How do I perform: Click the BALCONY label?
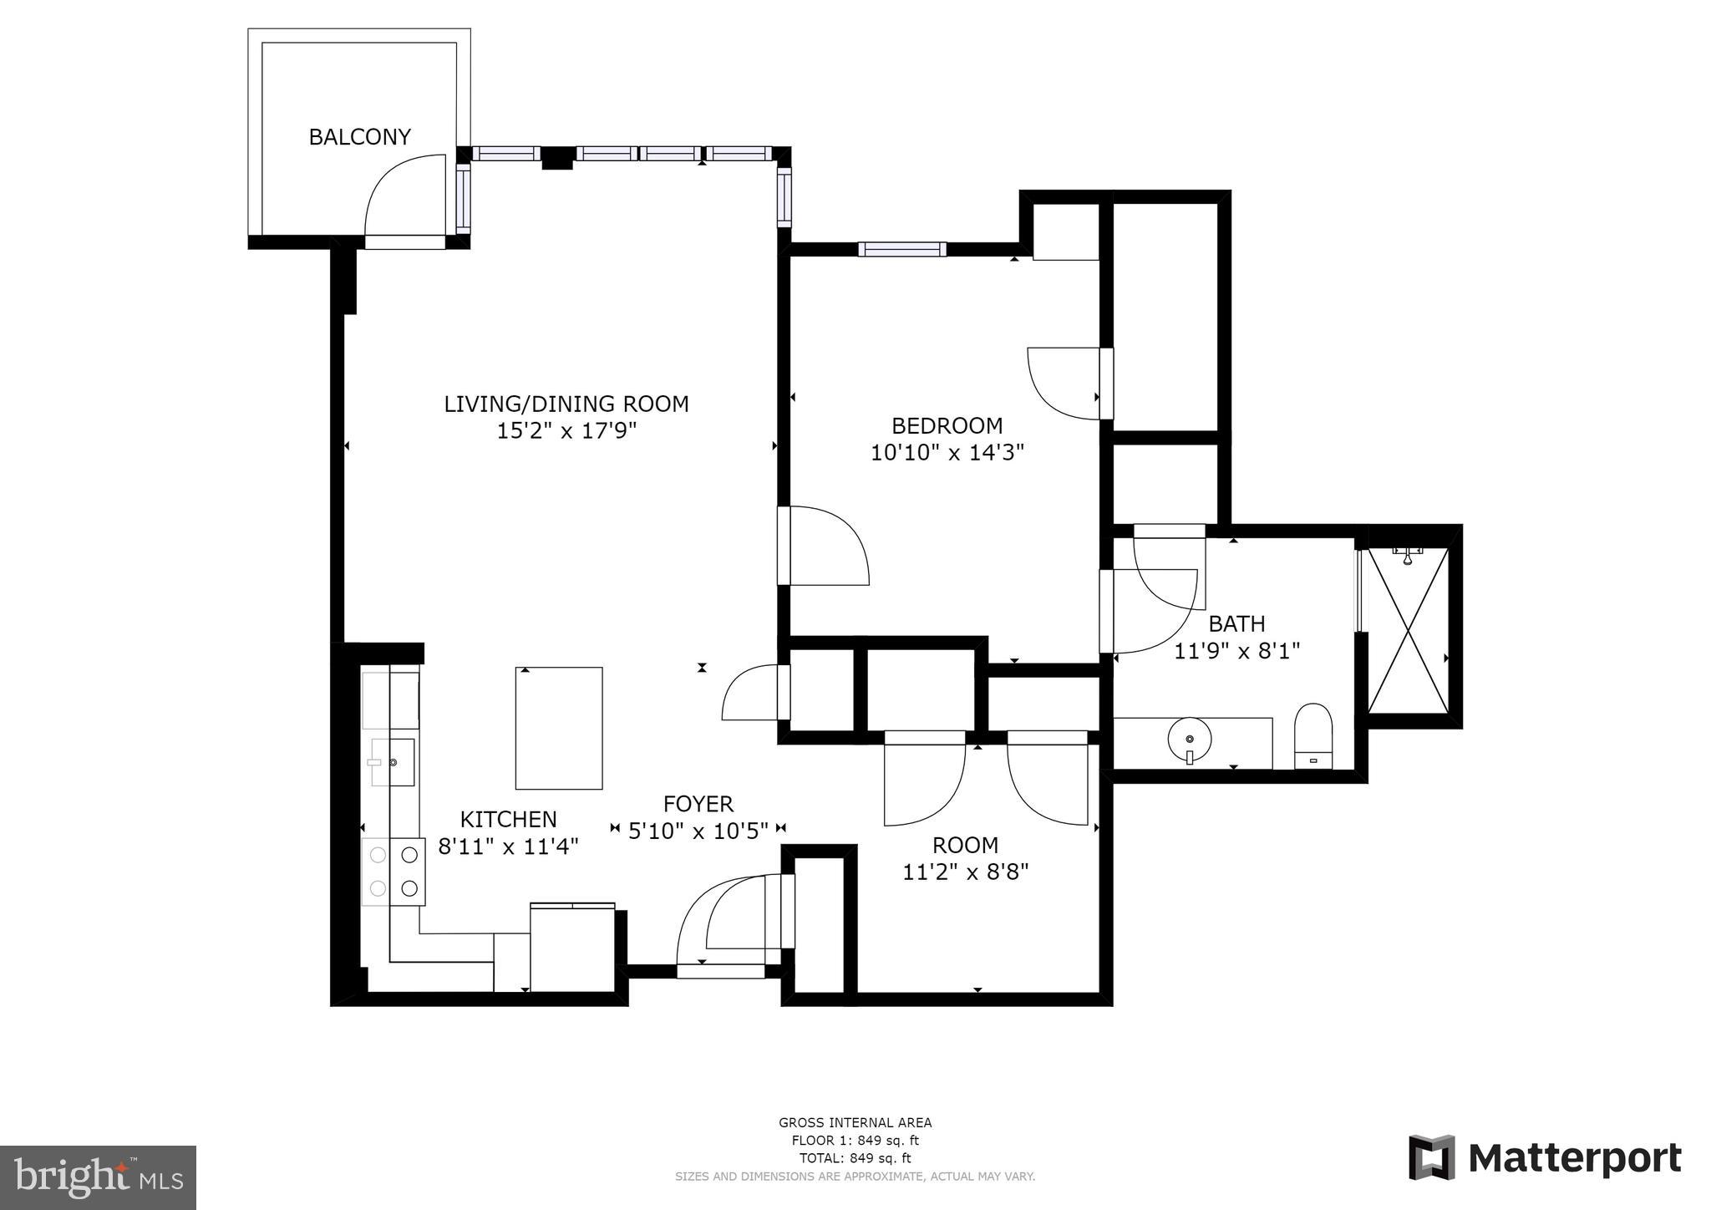pyautogui.click(x=359, y=137)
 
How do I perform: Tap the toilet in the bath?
pyautogui.click(x=1312, y=735)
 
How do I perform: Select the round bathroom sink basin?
pyautogui.click(x=1189, y=740)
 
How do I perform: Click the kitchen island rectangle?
pyautogui.click(x=558, y=728)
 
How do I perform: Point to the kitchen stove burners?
pyautogui.click(x=393, y=872)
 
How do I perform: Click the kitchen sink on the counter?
pyautogui.click(x=392, y=762)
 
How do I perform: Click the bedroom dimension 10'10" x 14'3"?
pyautogui.click(x=947, y=453)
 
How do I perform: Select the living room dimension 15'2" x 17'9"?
pyautogui.click(x=566, y=431)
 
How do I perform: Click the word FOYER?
pyautogui.click(x=698, y=804)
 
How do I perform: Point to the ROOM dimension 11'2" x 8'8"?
pyautogui.click(x=965, y=872)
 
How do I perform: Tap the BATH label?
pyautogui.click(x=1236, y=623)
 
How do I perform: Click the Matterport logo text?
pyautogui.click(x=1574, y=1159)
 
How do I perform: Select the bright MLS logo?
pyautogui.click(x=99, y=1177)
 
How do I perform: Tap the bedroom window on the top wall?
pyautogui.click(x=901, y=249)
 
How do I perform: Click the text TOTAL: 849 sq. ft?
pyautogui.click(x=855, y=1158)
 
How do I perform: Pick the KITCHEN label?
pyautogui.click(x=508, y=820)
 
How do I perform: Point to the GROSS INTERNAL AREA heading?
pyautogui.click(x=855, y=1123)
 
